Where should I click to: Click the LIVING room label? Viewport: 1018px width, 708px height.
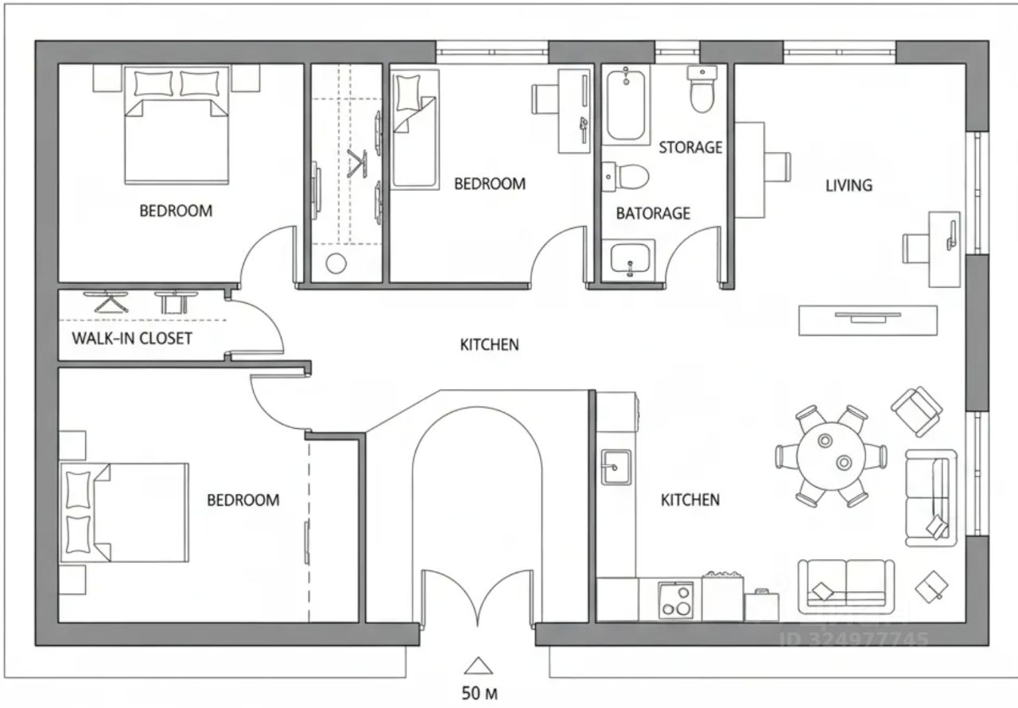(x=849, y=185)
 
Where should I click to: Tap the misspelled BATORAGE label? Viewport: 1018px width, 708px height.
(x=653, y=213)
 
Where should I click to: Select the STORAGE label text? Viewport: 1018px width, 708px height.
(x=690, y=147)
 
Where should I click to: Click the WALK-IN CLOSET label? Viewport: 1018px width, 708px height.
(x=132, y=338)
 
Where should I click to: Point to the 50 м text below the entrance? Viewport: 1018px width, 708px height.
(x=480, y=694)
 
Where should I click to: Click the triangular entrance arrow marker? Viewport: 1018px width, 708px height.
(x=479, y=666)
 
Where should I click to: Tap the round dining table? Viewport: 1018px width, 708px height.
(x=831, y=457)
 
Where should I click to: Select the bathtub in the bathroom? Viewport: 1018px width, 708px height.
(x=626, y=105)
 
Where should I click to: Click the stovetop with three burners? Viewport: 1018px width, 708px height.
(x=676, y=600)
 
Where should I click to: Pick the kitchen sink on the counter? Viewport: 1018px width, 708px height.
(x=616, y=467)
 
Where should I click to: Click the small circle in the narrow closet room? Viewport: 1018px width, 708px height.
(x=336, y=263)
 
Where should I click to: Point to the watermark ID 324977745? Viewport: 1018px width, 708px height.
(x=854, y=640)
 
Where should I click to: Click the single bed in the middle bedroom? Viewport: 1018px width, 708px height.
(x=415, y=129)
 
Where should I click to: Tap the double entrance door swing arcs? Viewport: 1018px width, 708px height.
(x=478, y=595)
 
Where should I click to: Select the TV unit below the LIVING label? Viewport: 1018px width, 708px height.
(x=868, y=321)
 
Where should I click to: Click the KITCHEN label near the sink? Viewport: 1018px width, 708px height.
(x=690, y=500)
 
